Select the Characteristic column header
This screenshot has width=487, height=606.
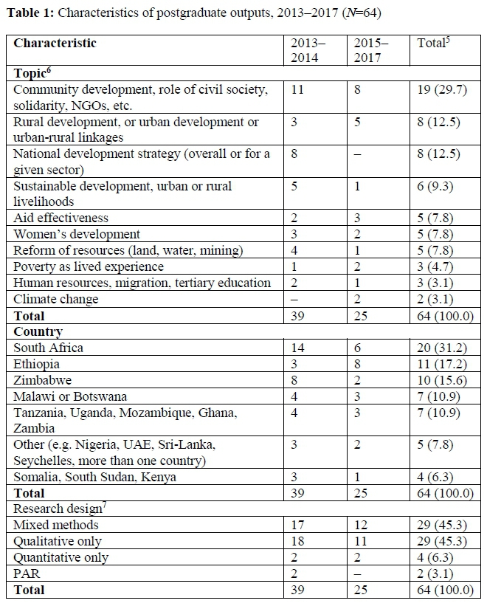(55, 43)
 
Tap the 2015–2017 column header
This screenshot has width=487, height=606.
(372, 49)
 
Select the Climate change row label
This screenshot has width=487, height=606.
(56, 299)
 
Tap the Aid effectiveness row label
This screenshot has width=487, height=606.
(61, 218)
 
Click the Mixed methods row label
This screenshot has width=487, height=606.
(56, 525)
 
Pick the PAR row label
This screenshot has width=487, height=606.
(25, 574)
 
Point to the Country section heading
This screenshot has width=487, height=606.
(38, 331)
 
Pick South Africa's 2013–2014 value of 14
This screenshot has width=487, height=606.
(298, 348)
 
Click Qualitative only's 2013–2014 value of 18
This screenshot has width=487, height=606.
(298, 541)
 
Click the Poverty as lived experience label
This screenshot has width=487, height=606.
(89, 266)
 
